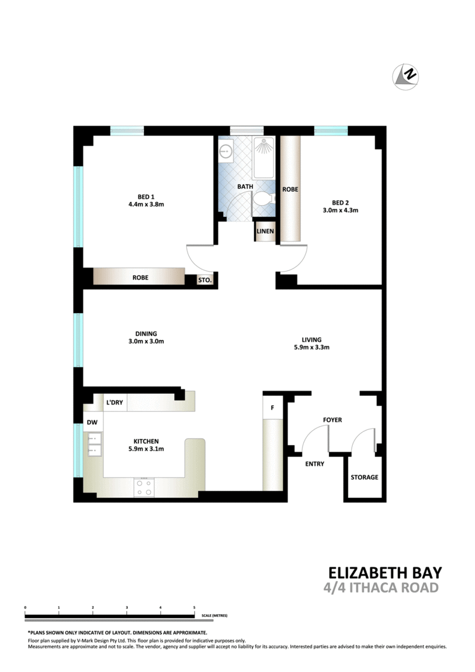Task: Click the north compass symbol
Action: pyautogui.click(x=405, y=77)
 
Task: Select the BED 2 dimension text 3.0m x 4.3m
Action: pyautogui.click(x=341, y=210)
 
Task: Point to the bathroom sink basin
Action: pyautogui.click(x=226, y=150)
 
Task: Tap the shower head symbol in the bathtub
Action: pyautogui.click(x=263, y=147)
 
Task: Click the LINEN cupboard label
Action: pyautogui.click(x=265, y=231)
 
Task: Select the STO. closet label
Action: pyautogui.click(x=204, y=280)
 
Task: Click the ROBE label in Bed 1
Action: pyautogui.click(x=140, y=278)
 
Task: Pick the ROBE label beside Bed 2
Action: pyautogui.click(x=290, y=189)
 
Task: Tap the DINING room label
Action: pyautogui.click(x=146, y=334)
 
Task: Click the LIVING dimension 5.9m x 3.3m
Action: pyautogui.click(x=311, y=348)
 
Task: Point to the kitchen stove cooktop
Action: pyautogui.click(x=144, y=487)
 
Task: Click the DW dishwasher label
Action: pyautogui.click(x=92, y=422)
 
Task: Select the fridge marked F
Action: pyautogui.click(x=272, y=407)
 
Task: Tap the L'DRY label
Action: pyautogui.click(x=115, y=403)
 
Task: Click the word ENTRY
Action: pyautogui.click(x=314, y=464)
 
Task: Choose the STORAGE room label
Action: pyautogui.click(x=365, y=477)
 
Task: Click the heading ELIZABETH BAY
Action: pyautogui.click(x=384, y=573)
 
